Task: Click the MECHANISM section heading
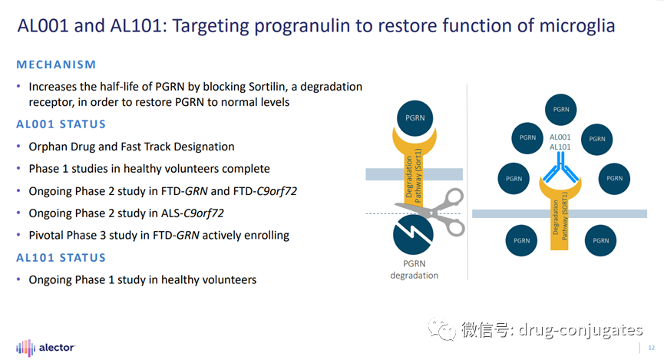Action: (x=56, y=64)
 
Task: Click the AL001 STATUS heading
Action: (x=61, y=124)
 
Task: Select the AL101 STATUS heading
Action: (x=61, y=258)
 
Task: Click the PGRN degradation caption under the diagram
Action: (x=415, y=269)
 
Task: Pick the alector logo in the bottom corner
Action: (x=46, y=348)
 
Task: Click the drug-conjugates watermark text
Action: (x=580, y=330)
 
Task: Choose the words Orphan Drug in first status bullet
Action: (x=61, y=147)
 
